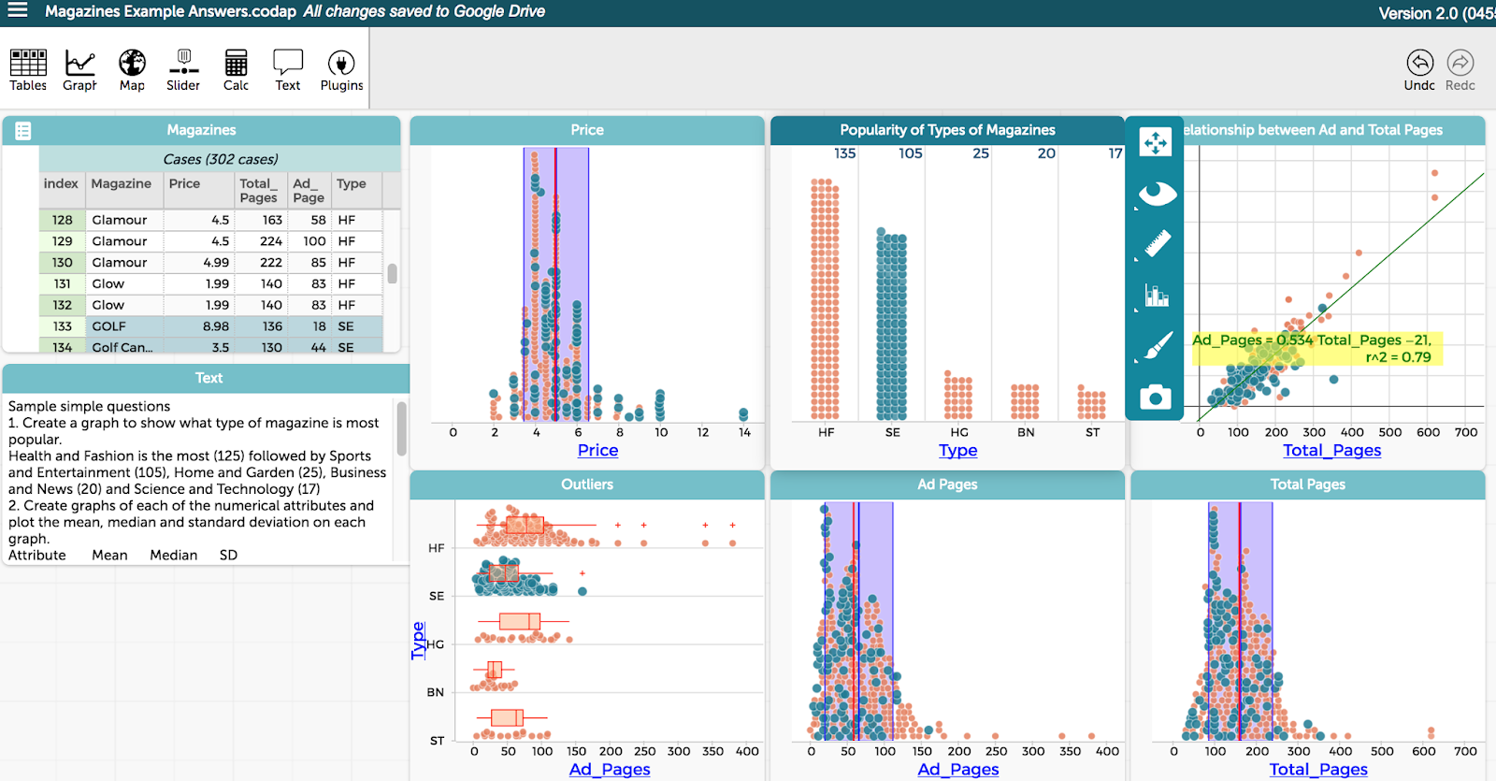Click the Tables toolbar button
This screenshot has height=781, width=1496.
pyautogui.click(x=28, y=70)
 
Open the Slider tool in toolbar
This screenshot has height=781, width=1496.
pyautogui.click(x=183, y=70)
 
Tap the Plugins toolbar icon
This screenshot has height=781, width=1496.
pyautogui.click(x=341, y=70)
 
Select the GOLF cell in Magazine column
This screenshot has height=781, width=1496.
pyautogui.click(x=108, y=326)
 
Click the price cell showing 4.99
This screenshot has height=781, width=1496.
pyautogui.click(x=215, y=263)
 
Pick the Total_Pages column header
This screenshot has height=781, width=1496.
pyautogui.click(x=258, y=191)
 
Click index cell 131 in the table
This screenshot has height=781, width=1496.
pyautogui.click(x=62, y=284)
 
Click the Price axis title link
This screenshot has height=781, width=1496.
pyautogui.click(x=597, y=450)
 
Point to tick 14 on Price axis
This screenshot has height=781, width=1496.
pyautogui.click(x=744, y=433)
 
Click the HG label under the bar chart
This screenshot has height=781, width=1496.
pyautogui.click(x=959, y=433)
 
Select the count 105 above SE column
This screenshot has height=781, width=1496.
pyautogui.click(x=910, y=153)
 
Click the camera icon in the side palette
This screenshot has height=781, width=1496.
pyautogui.click(x=1156, y=398)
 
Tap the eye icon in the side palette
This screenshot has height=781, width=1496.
pyautogui.click(x=1157, y=194)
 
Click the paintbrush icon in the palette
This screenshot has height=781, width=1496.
pyautogui.click(x=1157, y=346)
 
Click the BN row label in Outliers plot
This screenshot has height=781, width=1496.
pyautogui.click(x=436, y=693)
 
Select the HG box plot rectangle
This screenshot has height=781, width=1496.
pyautogui.click(x=519, y=621)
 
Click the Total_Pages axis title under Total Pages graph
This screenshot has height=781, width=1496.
pyautogui.click(x=1317, y=769)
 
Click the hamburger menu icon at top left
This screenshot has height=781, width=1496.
pyautogui.click(x=18, y=11)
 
